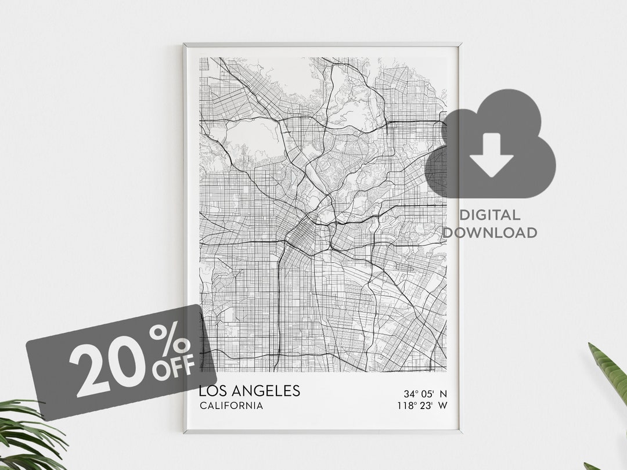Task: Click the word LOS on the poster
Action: coord(211,391)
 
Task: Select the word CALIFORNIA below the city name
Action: coord(231,406)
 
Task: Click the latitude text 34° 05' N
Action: coord(426,393)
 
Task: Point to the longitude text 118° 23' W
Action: coord(421,406)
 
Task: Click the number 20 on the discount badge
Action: coord(109,363)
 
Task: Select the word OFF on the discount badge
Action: coord(174,370)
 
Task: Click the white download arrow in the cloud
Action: coord(491,154)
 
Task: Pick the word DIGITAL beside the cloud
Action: coord(489,215)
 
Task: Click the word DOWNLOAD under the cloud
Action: coord(489,233)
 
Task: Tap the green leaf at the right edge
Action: coord(610,371)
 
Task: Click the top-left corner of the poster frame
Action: coord(185,45)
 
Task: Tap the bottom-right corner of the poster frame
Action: coord(460,432)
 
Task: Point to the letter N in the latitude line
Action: coord(444,393)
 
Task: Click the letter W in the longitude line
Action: coord(443,406)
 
